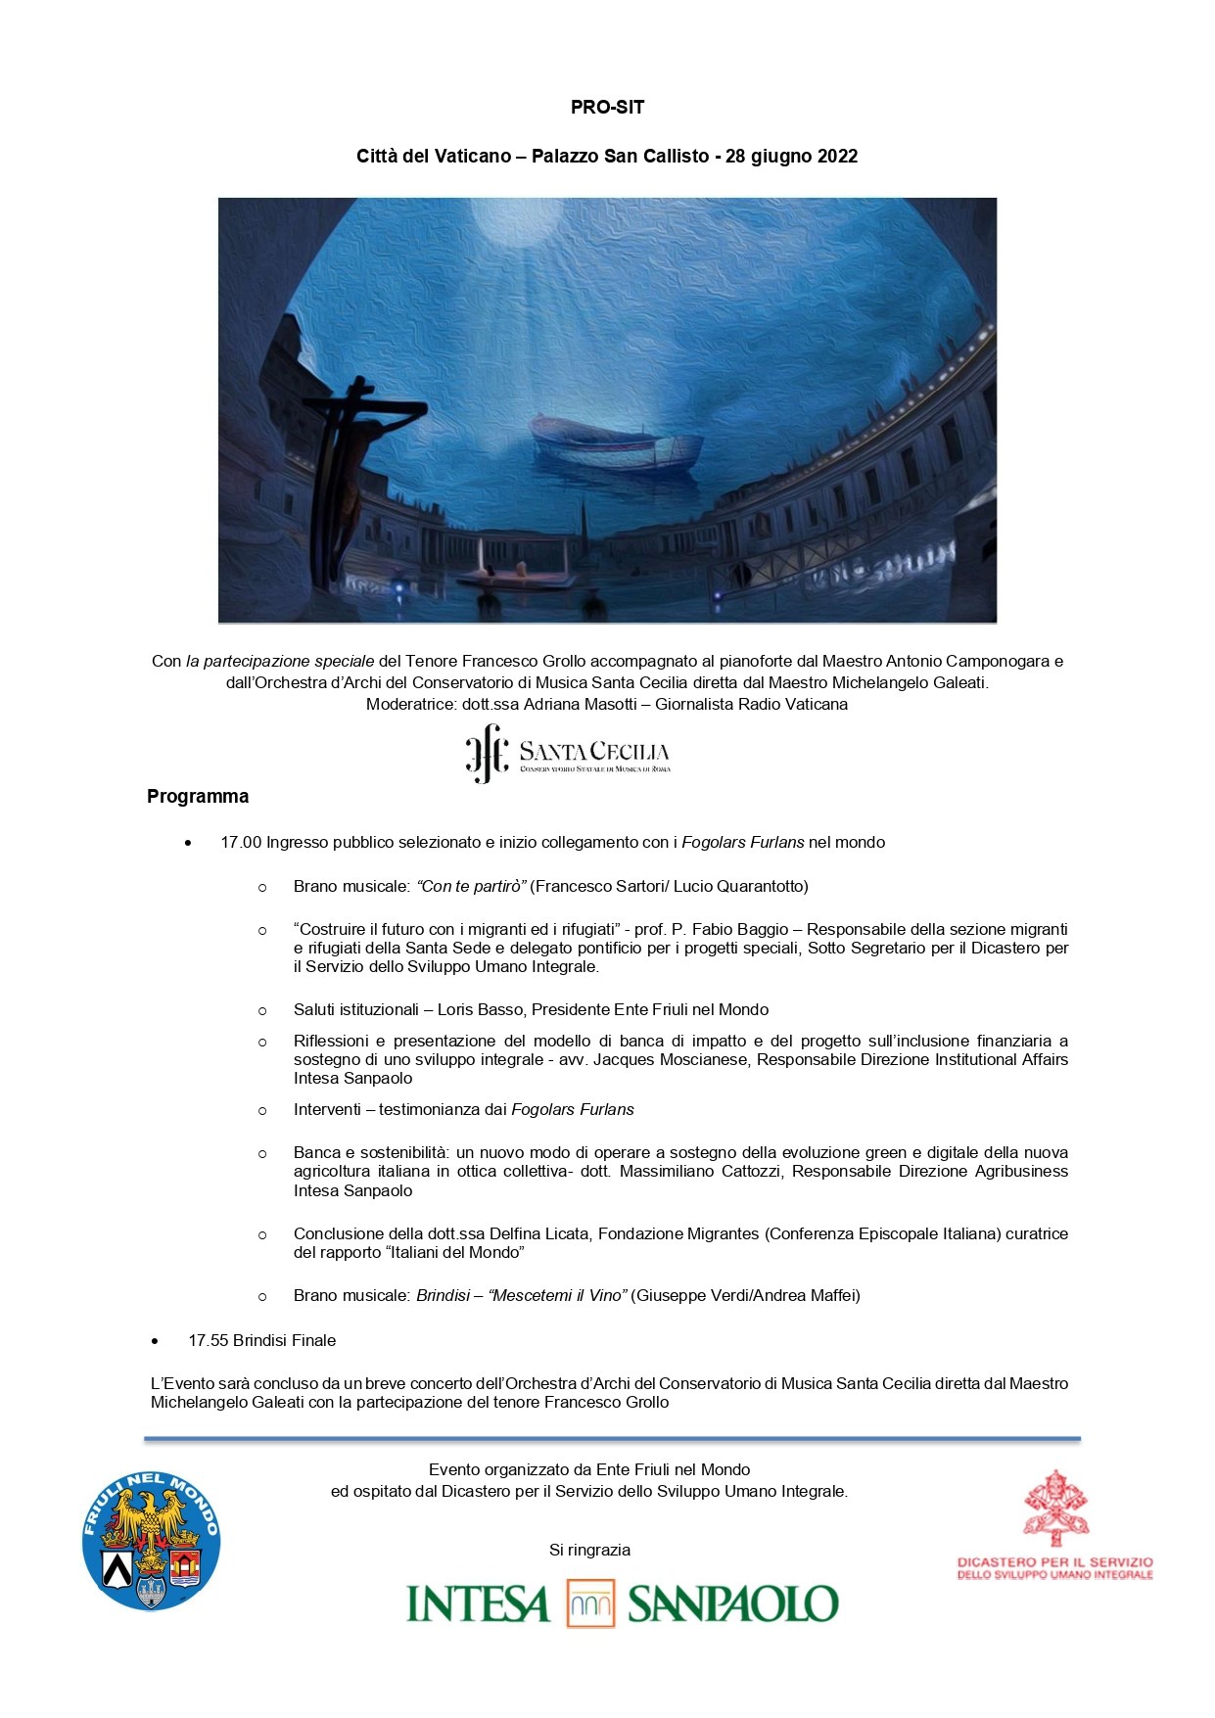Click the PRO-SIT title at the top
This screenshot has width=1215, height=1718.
click(x=607, y=108)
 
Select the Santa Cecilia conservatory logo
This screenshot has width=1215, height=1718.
click(x=568, y=753)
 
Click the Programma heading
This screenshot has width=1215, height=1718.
click(x=198, y=797)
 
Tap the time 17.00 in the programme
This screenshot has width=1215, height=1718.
click(x=241, y=843)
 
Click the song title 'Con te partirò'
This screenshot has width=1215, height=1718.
click(x=472, y=887)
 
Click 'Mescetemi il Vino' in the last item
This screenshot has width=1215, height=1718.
click(x=557, y=1296)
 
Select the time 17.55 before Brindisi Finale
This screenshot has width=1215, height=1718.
click(x=208, y=1341)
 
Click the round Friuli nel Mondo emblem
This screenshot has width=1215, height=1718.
click(x=151, y=1541)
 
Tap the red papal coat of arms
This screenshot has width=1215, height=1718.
click(x=1055, y=1509)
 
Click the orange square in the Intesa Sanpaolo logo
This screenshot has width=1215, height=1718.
click(x=590, y=1603)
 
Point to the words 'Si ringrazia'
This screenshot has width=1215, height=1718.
click(x=589, y=1551)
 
